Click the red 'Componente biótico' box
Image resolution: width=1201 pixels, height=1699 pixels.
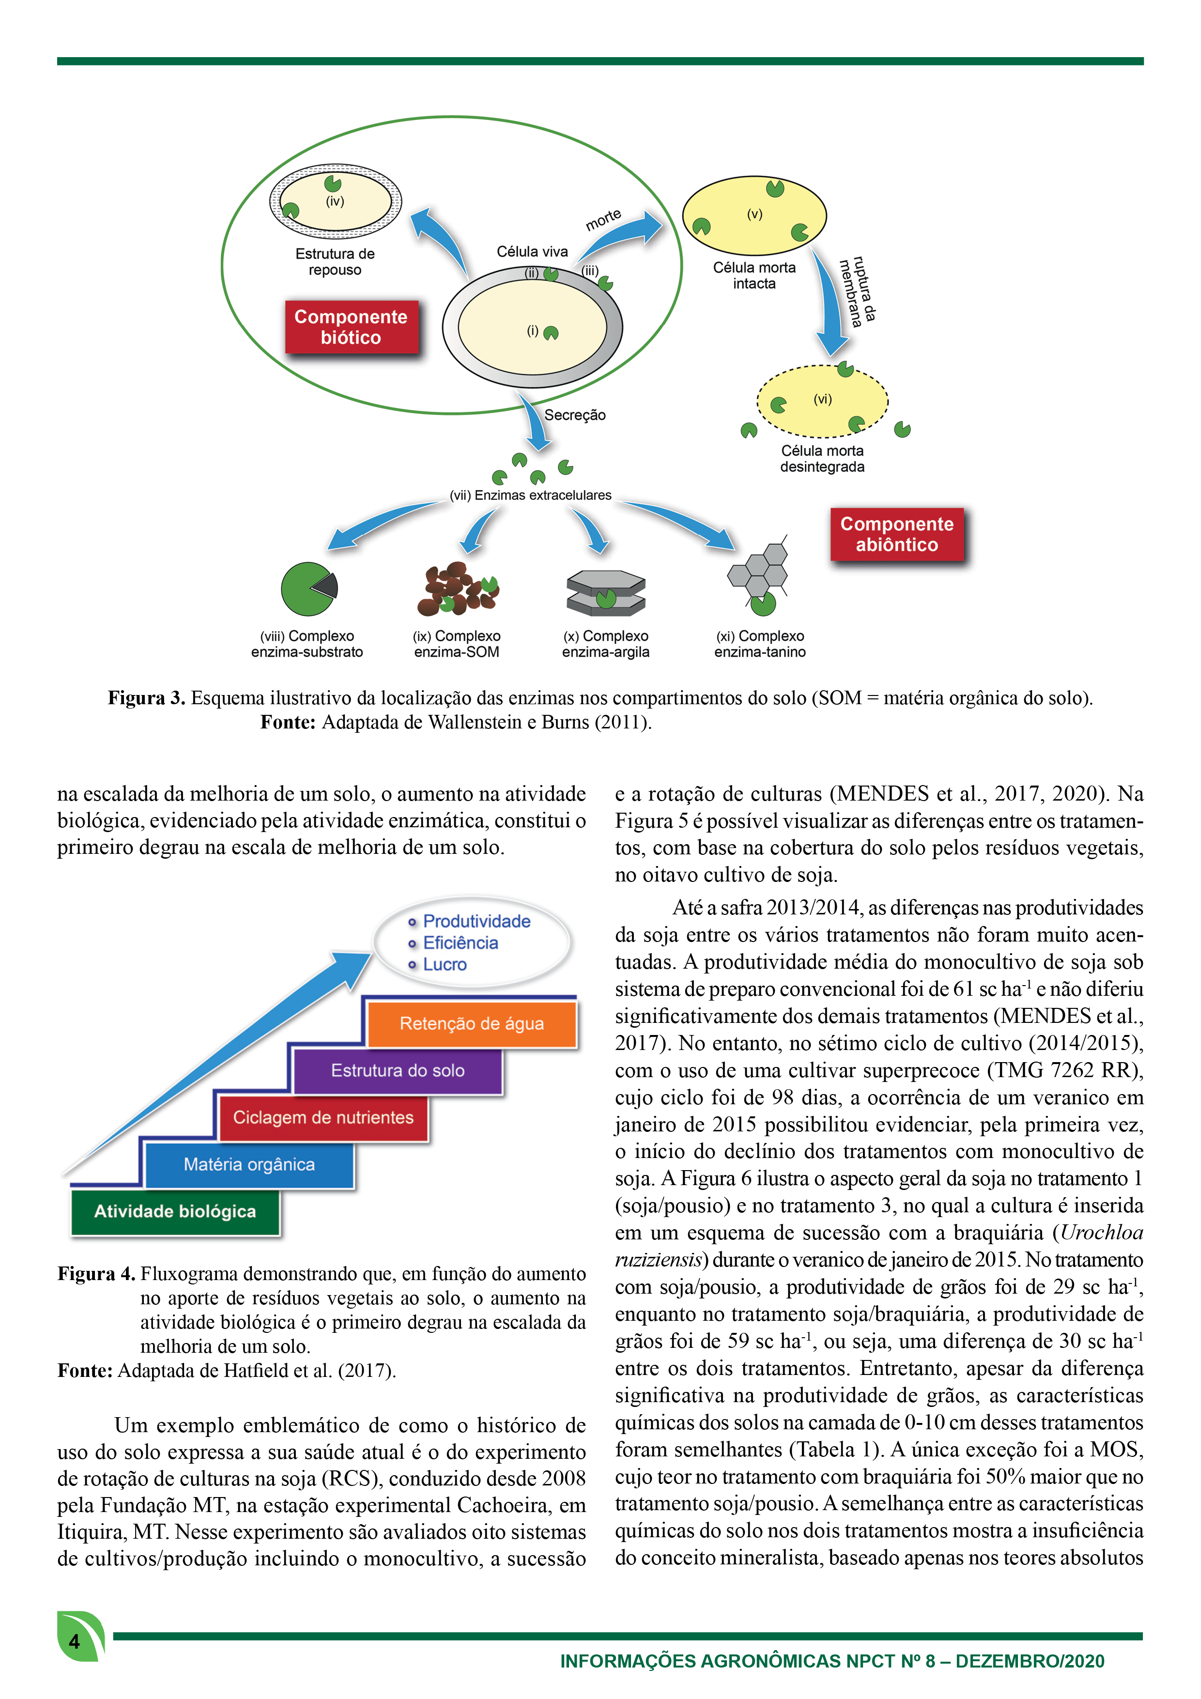(x=352, y=327)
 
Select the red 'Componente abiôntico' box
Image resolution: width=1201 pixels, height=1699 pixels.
(x=897, y=534)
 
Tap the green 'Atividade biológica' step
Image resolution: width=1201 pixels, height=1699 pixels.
(x=175, y=1211)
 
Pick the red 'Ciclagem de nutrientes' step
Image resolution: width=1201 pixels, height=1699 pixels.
(x=323, y=1117)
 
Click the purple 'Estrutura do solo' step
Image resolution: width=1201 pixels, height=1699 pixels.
(x=398, y=1071)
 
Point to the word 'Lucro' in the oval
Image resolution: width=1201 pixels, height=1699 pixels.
(x=445, y=964)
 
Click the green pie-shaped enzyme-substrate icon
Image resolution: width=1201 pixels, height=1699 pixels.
(x=308, y=589)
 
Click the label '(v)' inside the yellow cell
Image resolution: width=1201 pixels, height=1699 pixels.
(x=754, y=214)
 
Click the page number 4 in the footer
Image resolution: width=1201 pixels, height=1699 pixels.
(x=74, y=1642)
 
